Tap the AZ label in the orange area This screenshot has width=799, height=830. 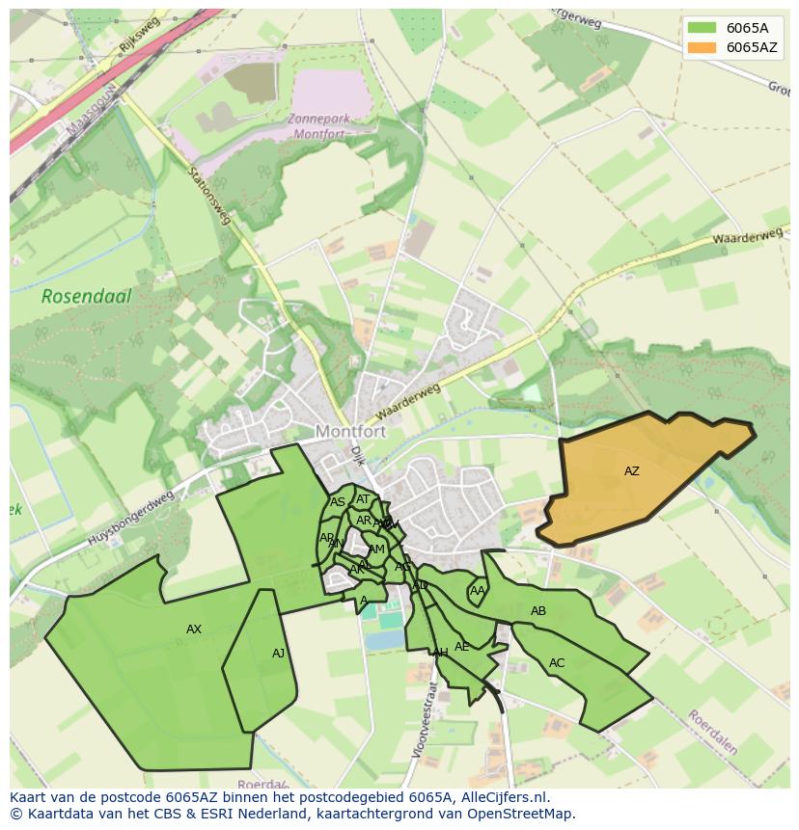[631, 471]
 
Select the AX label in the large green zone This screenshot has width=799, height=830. [194, 629]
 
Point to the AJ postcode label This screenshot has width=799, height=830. [278, 654]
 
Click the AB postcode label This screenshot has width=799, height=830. [538, 611]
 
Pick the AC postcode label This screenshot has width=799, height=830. [557, 663]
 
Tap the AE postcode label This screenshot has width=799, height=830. [461, 647]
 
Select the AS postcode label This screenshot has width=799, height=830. [338, 502]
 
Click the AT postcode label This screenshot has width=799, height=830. [363, 499]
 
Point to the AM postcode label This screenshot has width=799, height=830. [376, 549]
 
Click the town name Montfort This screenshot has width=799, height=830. [350, 432]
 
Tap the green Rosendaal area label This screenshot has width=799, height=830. [86, 296]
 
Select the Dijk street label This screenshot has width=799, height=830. [358, 455]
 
